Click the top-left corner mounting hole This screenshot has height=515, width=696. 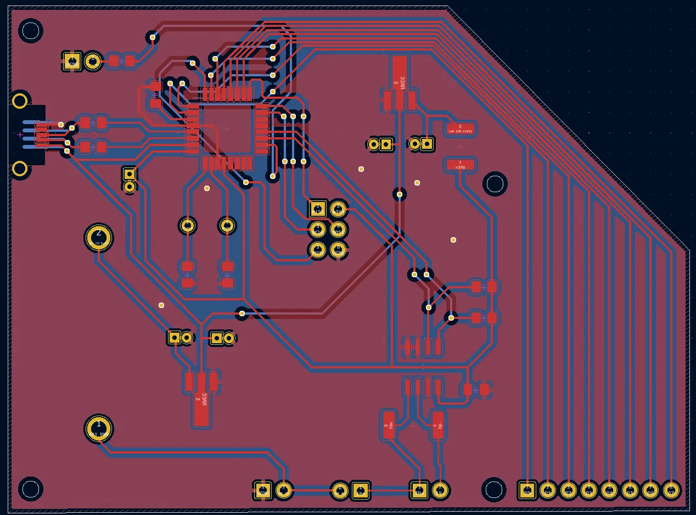[31, 31]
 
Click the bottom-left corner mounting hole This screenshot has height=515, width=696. [31, 489]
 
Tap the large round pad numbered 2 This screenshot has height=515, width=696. [99, 237]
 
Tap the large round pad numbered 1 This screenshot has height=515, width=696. [99, 429]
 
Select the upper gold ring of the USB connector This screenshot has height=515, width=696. [20, 101]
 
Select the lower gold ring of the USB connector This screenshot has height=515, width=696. [20, 169]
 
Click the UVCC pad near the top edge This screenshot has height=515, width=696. [400, 74]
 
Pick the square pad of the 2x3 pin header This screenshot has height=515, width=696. [318, 209]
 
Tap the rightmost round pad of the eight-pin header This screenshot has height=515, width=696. [671, 490]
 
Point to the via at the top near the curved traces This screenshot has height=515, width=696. [153, 37]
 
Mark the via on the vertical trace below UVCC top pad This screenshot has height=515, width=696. [400, 194]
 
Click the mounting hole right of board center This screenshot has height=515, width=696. [495, 184]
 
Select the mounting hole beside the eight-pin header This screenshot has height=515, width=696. [493, 489]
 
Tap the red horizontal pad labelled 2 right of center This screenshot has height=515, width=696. [460, 129]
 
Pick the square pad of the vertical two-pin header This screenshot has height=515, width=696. [130, 174]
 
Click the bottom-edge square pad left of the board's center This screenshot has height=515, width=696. [263, 490]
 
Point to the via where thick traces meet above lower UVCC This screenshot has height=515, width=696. [242, 314]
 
